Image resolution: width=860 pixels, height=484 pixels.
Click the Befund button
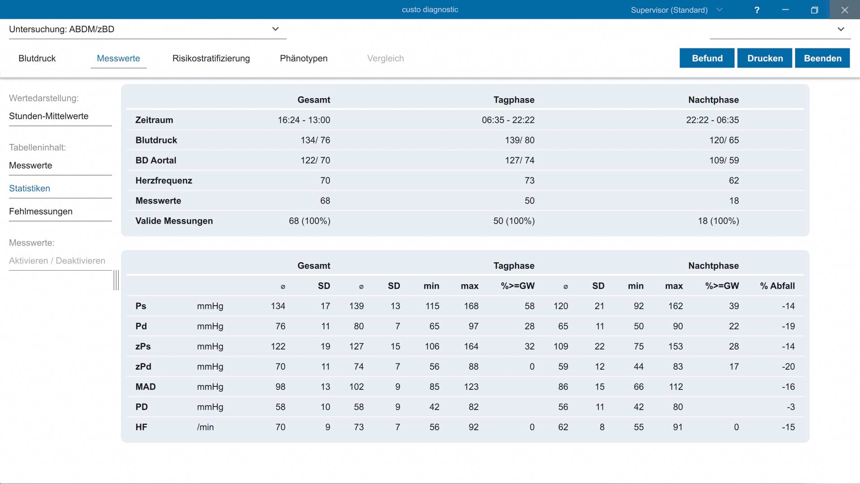[707, 58]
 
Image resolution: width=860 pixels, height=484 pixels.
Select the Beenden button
[822, 58]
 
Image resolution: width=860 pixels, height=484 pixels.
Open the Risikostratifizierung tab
[211, 58]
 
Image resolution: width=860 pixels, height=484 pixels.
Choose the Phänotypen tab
[304, 58]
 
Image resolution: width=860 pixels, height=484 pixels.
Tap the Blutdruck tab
[37, 58]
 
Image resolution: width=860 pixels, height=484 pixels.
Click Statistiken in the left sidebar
[30, 188]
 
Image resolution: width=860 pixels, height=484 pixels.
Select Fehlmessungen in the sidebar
[41, 212]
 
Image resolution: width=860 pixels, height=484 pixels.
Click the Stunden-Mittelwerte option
[49, 116]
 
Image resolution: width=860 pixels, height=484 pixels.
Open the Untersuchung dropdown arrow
[275, 29]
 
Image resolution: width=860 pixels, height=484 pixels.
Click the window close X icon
[845, 10]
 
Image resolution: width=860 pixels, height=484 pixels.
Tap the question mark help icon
[757, 10]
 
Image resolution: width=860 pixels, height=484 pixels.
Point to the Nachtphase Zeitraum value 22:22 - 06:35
[713, 120]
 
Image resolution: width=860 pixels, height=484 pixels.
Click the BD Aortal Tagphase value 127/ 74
[520, 160]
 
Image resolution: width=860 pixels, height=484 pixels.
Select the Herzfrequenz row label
[164, 181]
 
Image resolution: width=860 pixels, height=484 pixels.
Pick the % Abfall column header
[778, 286]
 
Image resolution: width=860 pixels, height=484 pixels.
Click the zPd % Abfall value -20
[788, 367]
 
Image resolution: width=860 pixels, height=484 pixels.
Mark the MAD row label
[146, 387]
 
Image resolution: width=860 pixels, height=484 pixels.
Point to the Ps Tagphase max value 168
[471, 306]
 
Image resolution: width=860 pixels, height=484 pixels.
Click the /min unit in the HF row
[206, 427]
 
